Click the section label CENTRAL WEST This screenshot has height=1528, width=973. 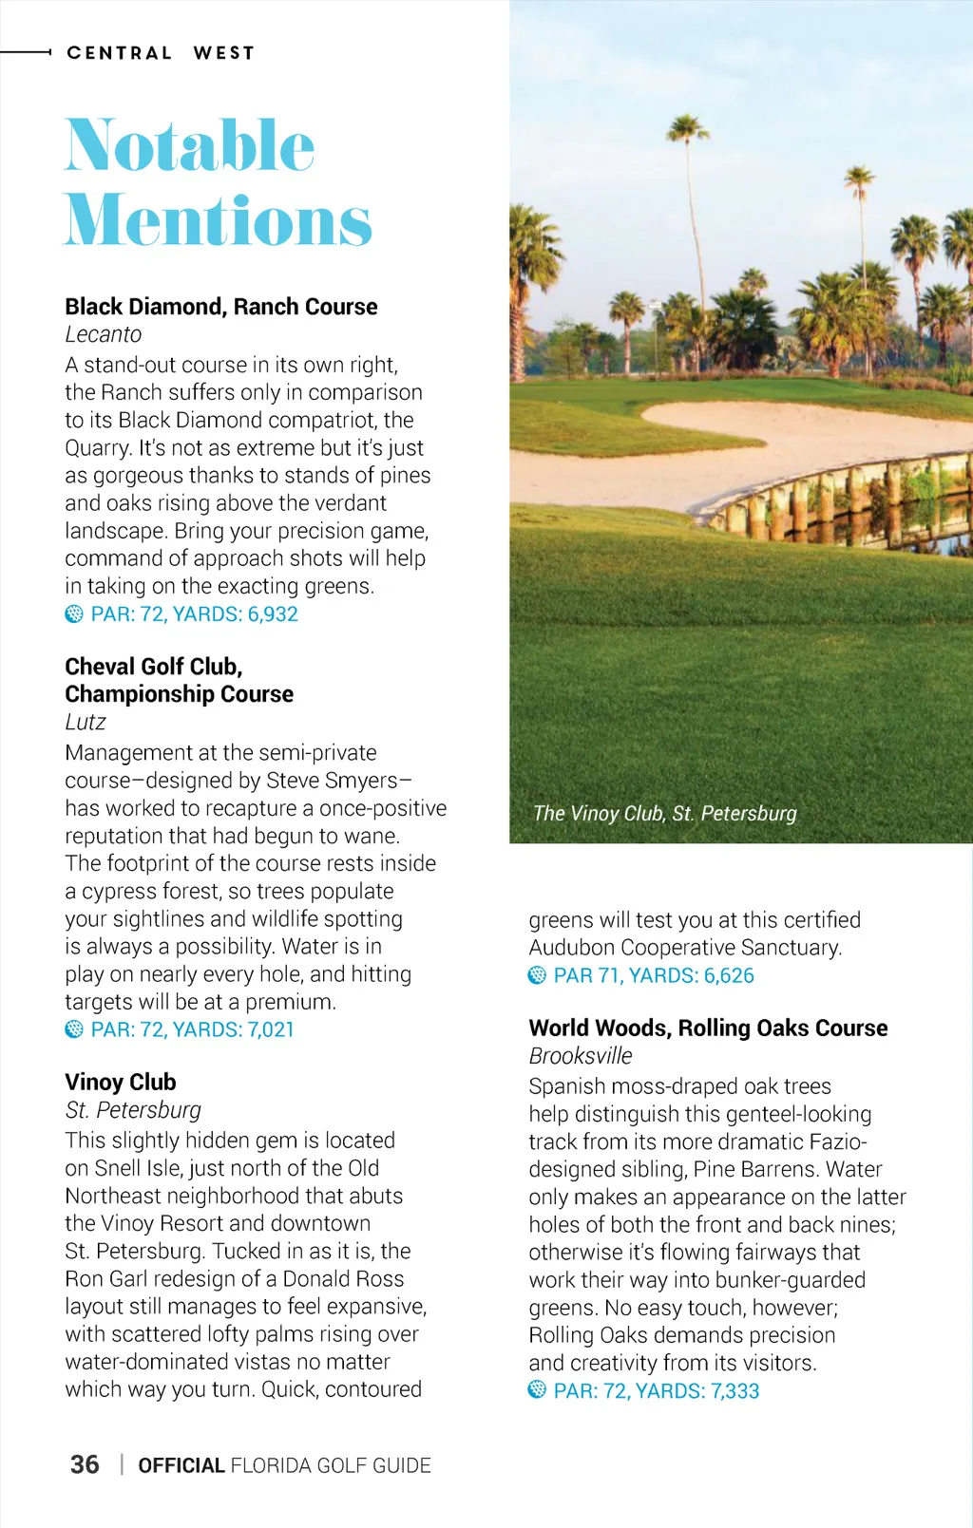[x=161, y=53]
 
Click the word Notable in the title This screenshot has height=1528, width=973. [x=190, y=146]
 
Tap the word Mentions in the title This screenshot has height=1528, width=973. [x=218, y=220]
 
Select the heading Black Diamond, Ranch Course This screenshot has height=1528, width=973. [x=221, y=307]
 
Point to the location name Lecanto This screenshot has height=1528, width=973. [x=104, y=335]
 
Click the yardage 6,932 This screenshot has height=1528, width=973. [x=273, y=614]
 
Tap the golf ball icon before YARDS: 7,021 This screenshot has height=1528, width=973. [x=74, y=1029]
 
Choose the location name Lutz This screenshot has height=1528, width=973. [x=86, y=723]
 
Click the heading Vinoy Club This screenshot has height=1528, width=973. [x=121, y=1083]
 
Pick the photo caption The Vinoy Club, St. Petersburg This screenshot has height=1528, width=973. [x=665, y=814]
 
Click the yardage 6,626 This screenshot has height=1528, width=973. [x=729, y=975]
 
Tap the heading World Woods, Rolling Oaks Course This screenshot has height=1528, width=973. [x=708, y=1028]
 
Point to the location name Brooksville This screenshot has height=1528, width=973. [x=581, y=1056]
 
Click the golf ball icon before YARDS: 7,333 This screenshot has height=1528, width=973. [x=537, y=1390]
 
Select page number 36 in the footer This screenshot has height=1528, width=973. [x=85, y=1464]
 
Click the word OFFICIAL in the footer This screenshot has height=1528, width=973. [x=181, y=1465]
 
